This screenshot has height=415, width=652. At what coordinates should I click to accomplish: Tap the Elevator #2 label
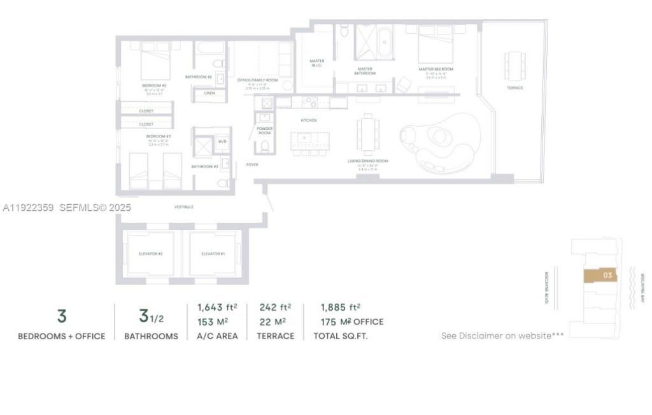(151, 254)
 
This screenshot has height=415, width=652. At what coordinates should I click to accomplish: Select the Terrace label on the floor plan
(514, 88)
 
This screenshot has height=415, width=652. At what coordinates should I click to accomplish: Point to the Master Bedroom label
(436, 69)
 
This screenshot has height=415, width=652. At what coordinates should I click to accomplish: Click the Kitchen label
(309, 120)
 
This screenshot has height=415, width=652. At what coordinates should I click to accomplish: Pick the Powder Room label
(265, 130)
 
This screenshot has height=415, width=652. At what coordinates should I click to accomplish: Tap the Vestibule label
(184, 207)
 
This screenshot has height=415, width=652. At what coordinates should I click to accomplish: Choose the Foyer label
(252, 164)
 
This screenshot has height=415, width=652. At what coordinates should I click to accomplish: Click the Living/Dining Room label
(367, 161)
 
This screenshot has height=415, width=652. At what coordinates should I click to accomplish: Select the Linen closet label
(209, 93)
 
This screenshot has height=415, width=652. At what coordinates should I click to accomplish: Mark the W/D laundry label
(222, 141)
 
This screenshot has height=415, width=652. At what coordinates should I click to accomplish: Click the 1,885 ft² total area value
(340, 307)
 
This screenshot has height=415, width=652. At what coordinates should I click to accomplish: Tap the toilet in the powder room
(265, 147)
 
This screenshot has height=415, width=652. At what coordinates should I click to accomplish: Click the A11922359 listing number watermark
(29, 207)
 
